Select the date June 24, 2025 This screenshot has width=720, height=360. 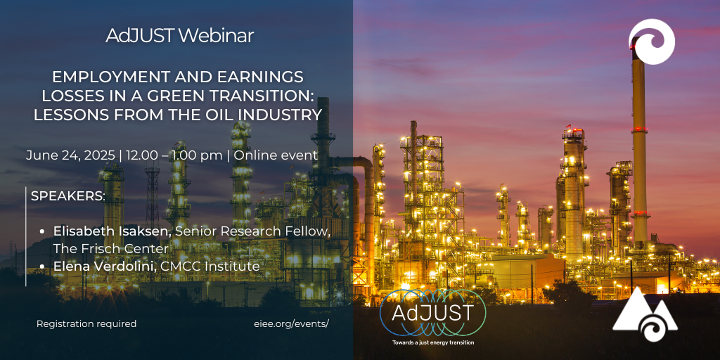(70, 155)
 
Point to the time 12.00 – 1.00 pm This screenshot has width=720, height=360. (173, 155)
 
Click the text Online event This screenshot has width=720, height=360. (276, 155)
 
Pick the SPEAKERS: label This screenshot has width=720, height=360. (68, 196)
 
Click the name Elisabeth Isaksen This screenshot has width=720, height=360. (112, 232)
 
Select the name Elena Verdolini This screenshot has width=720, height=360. (105, 266)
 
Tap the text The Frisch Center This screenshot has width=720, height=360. (110, 249)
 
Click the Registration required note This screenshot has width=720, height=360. (86, 323)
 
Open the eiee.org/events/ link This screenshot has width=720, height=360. (292, 323)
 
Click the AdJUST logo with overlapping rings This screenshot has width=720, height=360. (433, 313)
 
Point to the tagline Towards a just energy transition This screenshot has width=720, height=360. (433, 342)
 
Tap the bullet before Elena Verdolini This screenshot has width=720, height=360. (42, 266)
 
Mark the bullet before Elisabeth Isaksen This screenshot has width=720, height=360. (42, 232)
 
